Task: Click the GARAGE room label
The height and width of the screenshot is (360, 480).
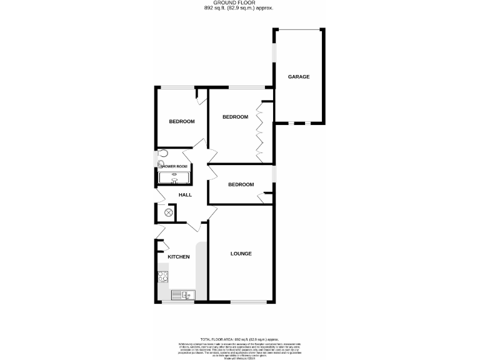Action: [298, 77]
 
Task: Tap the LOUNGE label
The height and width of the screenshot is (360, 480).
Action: [241, 254]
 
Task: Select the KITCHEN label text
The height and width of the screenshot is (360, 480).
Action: [178, 257]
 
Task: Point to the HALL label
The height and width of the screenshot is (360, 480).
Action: [185, 195]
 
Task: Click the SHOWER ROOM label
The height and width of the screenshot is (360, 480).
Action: [174, 166]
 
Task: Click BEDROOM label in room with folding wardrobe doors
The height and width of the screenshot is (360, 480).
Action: [235, 117]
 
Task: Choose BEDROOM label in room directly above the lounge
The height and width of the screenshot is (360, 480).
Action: [241, 184]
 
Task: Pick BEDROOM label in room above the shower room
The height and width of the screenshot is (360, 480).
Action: [182, 121]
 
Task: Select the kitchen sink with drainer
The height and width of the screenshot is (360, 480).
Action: [182, 295]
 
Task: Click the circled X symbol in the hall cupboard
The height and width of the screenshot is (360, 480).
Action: [168, 212]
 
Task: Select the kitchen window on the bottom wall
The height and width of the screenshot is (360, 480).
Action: [175, 302]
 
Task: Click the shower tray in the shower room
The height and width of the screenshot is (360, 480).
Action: [174, 177]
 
